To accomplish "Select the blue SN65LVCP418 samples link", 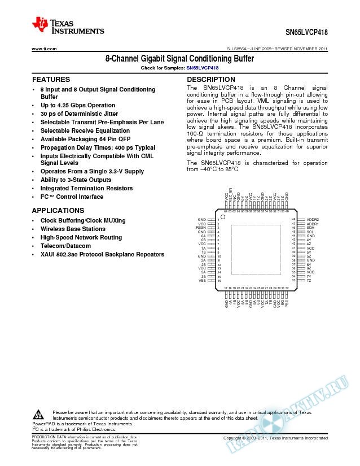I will click(x=202, y=68).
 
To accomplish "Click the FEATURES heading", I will click(x=51, y=80).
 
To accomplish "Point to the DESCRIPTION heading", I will click(x=210, y=80).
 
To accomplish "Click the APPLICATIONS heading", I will click(x=58, y=210).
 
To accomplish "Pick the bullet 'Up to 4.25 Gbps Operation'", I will click(x=77, y=106).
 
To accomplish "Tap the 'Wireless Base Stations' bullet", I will click(x=73, y=229).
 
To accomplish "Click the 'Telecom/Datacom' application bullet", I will click(x=65, y=246).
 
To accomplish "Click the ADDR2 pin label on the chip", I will click(x=312, y=219).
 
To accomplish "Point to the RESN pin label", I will click(x=201, y=228).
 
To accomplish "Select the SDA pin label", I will click(x=310, y=228).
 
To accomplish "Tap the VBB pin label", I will click(x=202, y=280).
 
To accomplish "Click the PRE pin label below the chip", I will click(x=288, y=303).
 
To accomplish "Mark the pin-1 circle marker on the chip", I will click(x=223, y=217).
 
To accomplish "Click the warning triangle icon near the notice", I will click(x=38, y=413).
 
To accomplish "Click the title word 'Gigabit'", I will click(x=164, y=59).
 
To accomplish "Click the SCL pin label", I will click(x=310, y=232).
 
